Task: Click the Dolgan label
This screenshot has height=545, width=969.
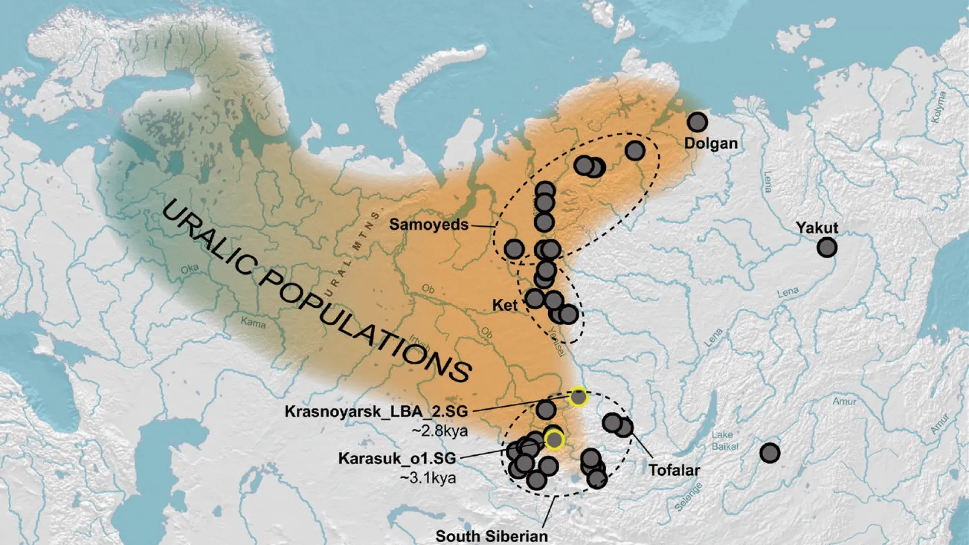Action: (711, 143)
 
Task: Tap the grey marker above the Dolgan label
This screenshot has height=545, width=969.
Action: (697, 122)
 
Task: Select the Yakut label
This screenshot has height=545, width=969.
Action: (817, 228)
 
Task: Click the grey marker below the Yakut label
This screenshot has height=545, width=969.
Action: (827, 248)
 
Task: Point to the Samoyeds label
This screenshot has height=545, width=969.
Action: (428, 225)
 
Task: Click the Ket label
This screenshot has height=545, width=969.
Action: (505, 305)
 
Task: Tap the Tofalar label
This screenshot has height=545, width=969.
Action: (674, 470)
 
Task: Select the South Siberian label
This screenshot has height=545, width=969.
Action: (492, 536)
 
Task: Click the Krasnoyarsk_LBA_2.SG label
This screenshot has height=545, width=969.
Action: (376, 412)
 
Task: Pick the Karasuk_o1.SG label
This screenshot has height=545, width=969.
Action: (397, 458)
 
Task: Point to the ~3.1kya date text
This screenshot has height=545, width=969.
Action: (428, 477)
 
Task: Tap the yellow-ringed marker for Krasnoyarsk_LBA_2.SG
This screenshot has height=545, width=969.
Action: (578, 397)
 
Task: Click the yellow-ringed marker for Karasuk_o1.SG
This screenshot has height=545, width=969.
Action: (554, 440)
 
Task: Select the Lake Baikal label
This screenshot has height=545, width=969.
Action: (725, 441)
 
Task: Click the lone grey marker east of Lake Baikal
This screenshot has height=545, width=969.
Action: (770, 453)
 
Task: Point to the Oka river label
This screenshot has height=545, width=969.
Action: (190, 269)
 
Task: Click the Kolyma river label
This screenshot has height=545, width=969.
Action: (939, 107)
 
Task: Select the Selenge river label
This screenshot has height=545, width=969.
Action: (689, 497)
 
